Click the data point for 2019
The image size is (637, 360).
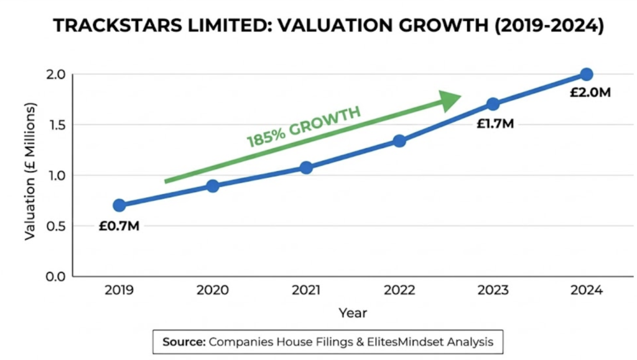(119, 205)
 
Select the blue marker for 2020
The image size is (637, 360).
(213, 186)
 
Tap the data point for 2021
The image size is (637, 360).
(306, 167)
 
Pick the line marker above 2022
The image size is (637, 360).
(399, 141)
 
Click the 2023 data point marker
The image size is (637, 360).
(493, 104)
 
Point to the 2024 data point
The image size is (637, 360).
(586, 74)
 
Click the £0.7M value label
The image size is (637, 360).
(119, 226)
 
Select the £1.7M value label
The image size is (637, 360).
(495, 124)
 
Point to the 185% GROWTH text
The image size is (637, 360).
(304, 127)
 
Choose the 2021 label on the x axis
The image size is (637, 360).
(306, 291)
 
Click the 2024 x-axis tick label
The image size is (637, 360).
(586, 291)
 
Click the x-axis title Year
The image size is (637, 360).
(353, 313)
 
